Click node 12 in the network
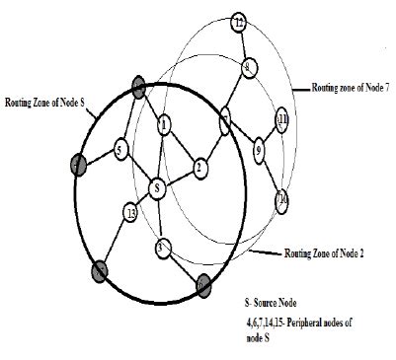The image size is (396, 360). pyautogui.click(x=238, y=22)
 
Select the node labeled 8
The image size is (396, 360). pyautogui.click(x=248, y=66)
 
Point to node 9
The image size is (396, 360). pyautogui.click(x=259, y=151)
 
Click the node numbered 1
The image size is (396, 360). pyautogui.click(x=164, y=122)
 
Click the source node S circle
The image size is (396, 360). pyautogui.click(x=156, y=186)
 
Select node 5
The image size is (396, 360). pyautogui.click(x=120, y=150)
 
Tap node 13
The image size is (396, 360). pyautogui.click(x=131, y=211)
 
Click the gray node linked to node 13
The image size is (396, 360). pyautogui.click(x=99, y=269)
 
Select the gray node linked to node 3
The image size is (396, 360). pyautogui.click(x=202, y=283)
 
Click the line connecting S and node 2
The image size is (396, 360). pyautogui.click(x=178, y=177)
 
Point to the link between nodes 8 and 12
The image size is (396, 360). pyautogui.click(x=243, y=44)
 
